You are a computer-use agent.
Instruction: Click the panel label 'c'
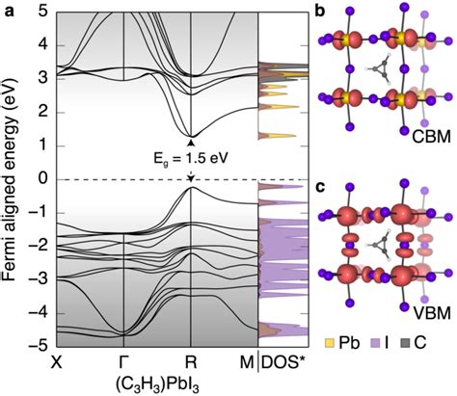click(320, 184)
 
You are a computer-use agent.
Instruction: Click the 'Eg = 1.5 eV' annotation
click(192, 159)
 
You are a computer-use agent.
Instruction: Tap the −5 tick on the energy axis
click(38, 345)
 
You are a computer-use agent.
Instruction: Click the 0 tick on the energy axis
click(41, 179)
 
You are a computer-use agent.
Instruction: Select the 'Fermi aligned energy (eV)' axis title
click(12, 179)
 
